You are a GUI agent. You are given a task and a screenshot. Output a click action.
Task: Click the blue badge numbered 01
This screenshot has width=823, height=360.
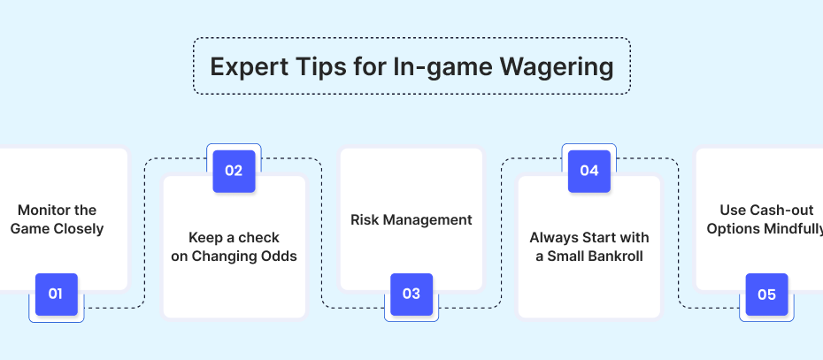(56, 295)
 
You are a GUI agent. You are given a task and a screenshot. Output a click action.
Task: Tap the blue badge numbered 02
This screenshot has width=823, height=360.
(234, 171)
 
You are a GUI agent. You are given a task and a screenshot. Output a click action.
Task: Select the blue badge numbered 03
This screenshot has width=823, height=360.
(411, 295)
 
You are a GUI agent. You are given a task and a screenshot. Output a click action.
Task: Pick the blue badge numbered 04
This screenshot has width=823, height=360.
(589, 171)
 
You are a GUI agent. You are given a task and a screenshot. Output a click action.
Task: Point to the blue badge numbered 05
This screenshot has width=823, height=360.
(767, 295)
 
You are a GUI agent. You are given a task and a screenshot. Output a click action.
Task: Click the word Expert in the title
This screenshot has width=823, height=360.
(249, 67)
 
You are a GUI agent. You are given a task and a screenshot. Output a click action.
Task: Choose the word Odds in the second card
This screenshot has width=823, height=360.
(281, 257)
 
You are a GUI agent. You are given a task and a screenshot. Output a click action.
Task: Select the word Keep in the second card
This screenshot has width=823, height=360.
(205, 238)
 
